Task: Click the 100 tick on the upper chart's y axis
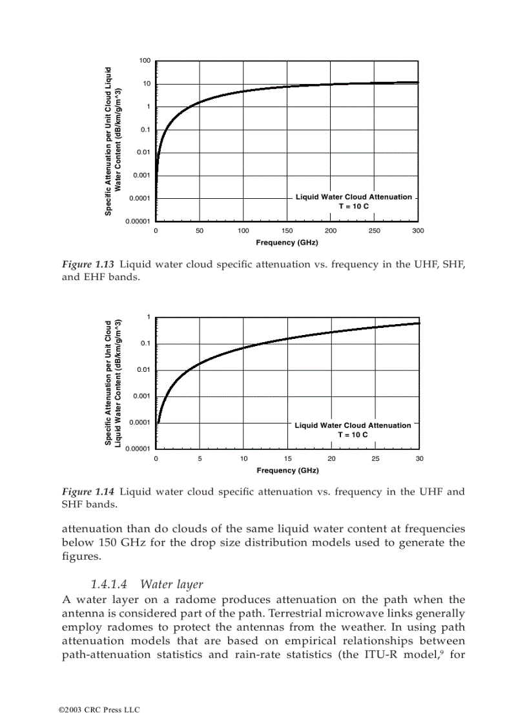145,61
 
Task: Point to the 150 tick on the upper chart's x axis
287,231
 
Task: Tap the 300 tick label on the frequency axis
417,231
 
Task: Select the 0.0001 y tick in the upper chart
140,198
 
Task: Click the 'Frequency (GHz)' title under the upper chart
287,243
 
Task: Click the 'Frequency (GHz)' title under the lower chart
287,470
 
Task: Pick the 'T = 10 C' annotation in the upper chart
353,206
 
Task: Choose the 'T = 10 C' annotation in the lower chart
353,434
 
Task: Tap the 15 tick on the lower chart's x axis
287,458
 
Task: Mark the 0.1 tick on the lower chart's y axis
146,343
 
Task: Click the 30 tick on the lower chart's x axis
419,458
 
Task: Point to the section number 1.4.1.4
108,585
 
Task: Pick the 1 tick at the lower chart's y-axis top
148,317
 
